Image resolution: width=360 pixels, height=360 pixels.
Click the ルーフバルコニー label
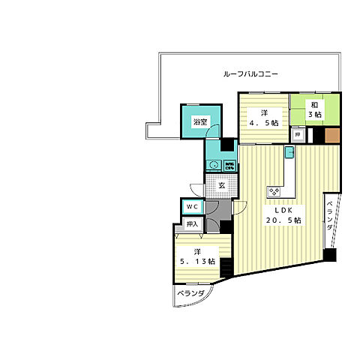pyautogui.click(x=251, y=75)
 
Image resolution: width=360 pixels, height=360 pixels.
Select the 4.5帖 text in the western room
pyautogui.click(x=265, y=122)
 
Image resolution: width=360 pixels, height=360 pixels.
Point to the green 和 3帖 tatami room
pyautogui.click(x=314, y=109)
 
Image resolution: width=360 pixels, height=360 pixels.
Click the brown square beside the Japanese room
pyautogui.click(x=333, y=136)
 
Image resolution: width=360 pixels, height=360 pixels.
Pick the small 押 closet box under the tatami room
pyautogui.click(x=298, y=136)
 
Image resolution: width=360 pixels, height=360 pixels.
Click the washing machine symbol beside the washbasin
pyautogui.click(x=229, y=165)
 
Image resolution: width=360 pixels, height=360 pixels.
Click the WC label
pyautogui.click(x=191, y=207)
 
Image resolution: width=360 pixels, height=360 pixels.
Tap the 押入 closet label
pyautogui.click(x=191, y=224)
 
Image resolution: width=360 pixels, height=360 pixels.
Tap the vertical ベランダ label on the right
pyautogui.click(x=330, y=217)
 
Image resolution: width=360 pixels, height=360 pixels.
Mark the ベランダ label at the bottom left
pyautogui.click(x=190, y=294)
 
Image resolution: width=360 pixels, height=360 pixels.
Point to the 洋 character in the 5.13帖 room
pyautogui.click(x=197, y=250)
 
